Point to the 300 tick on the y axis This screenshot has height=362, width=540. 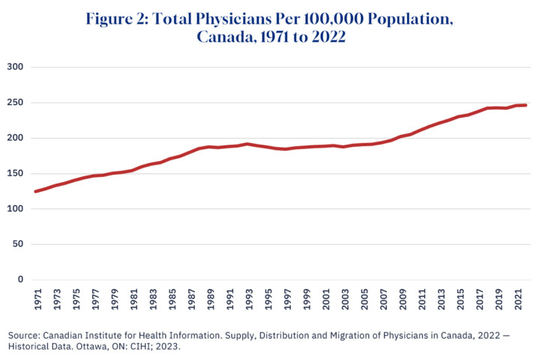click(x=16, y=67)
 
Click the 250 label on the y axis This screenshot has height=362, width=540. click(x=16, y=103)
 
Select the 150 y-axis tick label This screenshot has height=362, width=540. click(x=16, y=174)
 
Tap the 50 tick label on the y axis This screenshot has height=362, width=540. click(x=18, y=244)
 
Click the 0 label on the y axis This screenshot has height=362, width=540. click(x=21, y=280)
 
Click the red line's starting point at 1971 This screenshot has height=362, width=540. click(x=36, y=191)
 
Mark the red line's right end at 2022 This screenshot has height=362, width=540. click(x=526, y=106)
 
